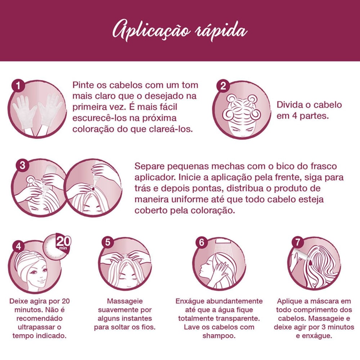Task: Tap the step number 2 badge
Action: pos(223,86)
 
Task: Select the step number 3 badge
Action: pos(22,165)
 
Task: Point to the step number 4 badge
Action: pos(18,246)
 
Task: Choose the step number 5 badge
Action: pos(108,242)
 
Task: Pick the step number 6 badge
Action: pos(201,242)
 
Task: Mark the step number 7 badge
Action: pos(298,242)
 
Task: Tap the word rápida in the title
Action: pos(221,31)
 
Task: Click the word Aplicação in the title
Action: pos(151,31)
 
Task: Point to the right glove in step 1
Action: pos(50,110)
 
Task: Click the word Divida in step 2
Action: pos(289,105)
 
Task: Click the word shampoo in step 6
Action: pos(219,336)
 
